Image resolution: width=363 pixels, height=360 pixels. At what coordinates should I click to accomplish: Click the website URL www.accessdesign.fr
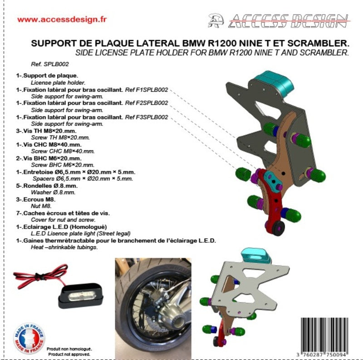pos(62,20)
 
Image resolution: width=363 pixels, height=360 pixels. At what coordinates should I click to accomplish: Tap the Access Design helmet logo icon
pos(216,20)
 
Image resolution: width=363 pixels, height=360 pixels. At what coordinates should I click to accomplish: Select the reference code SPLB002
pos(56,64)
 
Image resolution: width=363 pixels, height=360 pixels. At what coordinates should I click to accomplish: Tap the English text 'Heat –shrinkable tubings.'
pos(64,247)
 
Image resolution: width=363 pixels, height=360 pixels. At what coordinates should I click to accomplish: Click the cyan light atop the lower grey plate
pos(256,256)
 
